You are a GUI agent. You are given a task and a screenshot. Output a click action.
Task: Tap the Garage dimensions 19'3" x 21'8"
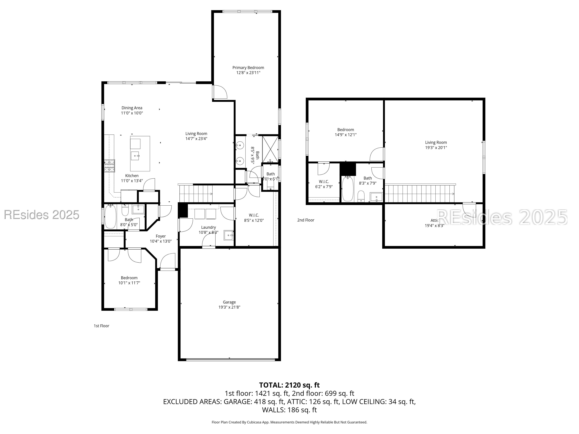[229, 307]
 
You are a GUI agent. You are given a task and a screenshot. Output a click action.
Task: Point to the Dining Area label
[132, 108]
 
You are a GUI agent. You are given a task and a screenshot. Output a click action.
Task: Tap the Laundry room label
[208, 227]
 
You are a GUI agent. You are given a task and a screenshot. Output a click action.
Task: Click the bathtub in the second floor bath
[348, 189]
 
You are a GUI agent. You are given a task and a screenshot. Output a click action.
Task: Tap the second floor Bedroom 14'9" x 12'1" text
[346, 135]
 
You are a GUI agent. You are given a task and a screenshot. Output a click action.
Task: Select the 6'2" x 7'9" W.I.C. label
[324, 186]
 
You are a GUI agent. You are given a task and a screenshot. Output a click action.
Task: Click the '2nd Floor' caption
[305, 220]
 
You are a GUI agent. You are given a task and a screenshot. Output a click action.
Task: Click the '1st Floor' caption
[101, 326]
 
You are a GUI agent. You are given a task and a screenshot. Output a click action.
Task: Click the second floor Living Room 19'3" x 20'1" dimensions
[436, 148]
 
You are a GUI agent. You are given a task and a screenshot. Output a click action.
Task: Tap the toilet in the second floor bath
[361, 196]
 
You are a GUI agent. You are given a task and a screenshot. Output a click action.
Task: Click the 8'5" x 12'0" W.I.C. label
[254, 220]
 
